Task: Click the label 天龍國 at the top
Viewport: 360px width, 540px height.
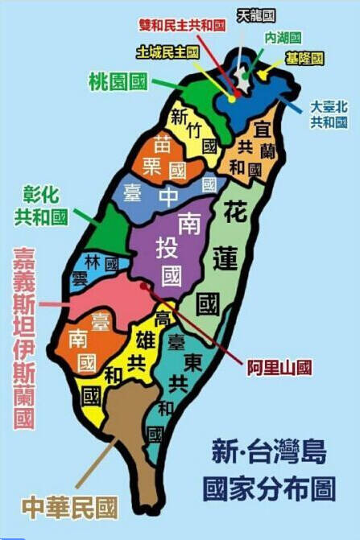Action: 257,15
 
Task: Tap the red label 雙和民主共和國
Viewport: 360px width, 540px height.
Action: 180,26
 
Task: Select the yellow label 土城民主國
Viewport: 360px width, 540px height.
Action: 168,52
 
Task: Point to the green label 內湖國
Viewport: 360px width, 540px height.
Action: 282,38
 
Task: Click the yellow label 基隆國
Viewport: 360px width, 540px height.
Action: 304,59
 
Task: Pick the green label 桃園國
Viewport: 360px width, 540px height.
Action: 118,80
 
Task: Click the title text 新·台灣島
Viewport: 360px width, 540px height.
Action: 269,451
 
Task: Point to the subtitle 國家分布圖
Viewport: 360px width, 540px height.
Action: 269,488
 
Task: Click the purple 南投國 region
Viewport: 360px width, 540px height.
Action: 171,249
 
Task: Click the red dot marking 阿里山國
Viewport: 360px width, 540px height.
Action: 144,284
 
